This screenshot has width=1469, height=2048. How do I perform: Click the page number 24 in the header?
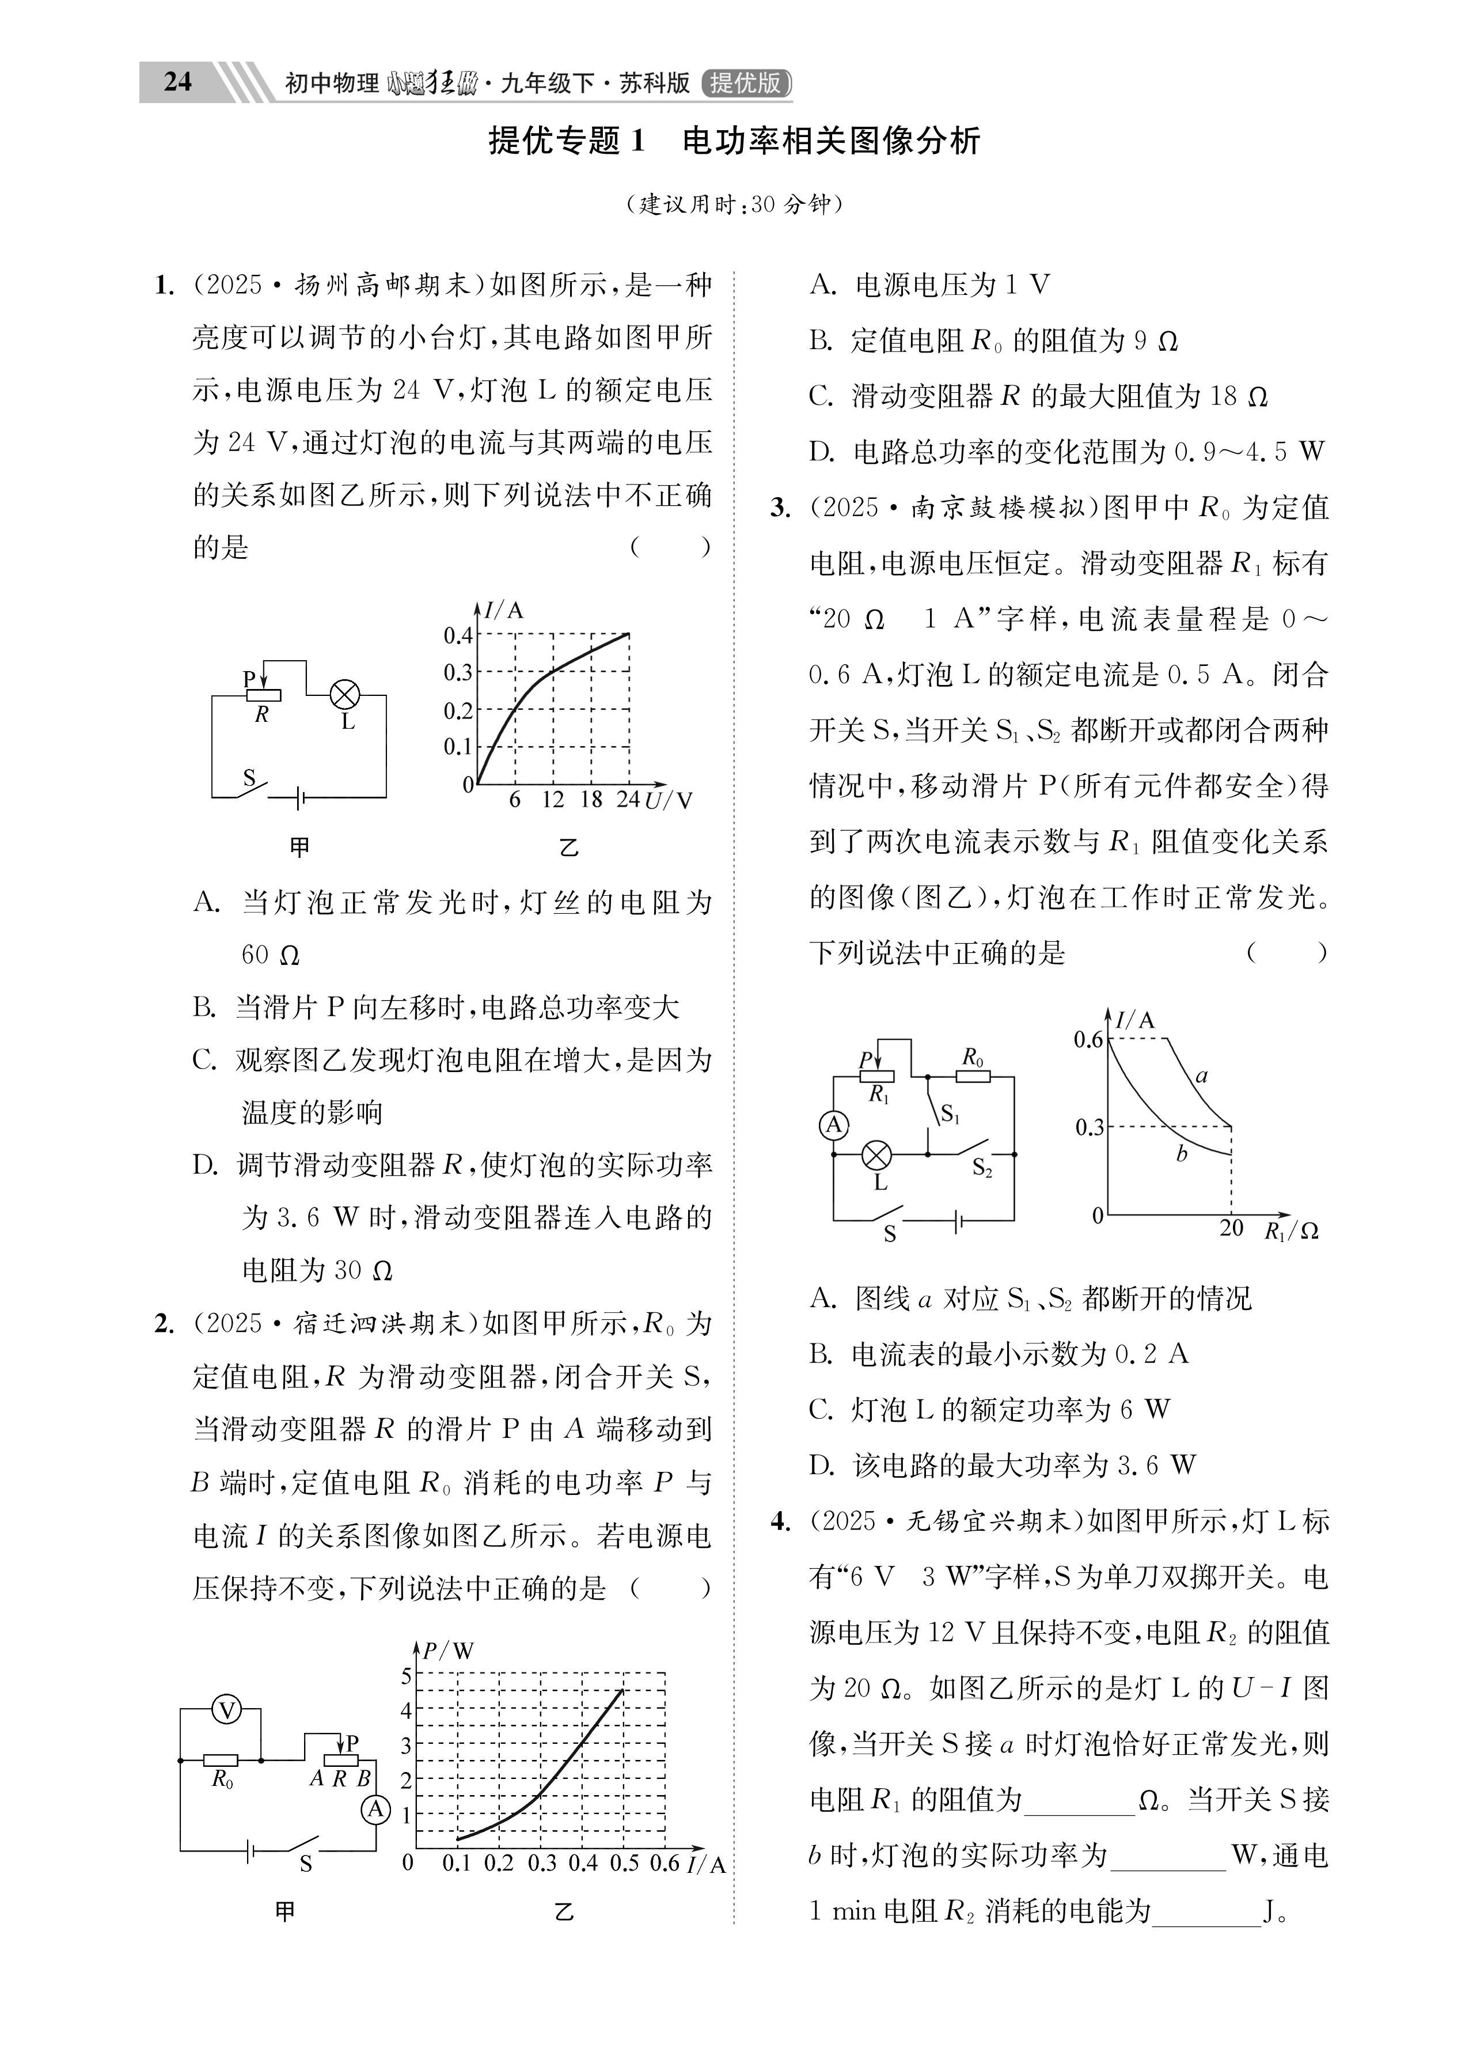[178, 82]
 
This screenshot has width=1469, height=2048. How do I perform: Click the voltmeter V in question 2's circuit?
[227, 1709]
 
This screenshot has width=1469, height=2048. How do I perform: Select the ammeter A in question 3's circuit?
[833, 1125]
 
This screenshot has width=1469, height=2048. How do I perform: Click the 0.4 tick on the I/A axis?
[458, 635]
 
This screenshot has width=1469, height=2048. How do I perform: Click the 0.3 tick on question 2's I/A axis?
[542, 1863]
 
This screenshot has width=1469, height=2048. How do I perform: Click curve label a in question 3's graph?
[1201, 1076]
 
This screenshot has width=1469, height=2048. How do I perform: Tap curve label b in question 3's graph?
[1181, 1153]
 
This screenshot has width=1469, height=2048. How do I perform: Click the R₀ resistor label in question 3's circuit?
[973, 1057]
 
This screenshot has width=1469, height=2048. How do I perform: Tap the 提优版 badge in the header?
[746, 83]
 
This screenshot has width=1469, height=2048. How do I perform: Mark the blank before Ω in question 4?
[1079, 1801]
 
